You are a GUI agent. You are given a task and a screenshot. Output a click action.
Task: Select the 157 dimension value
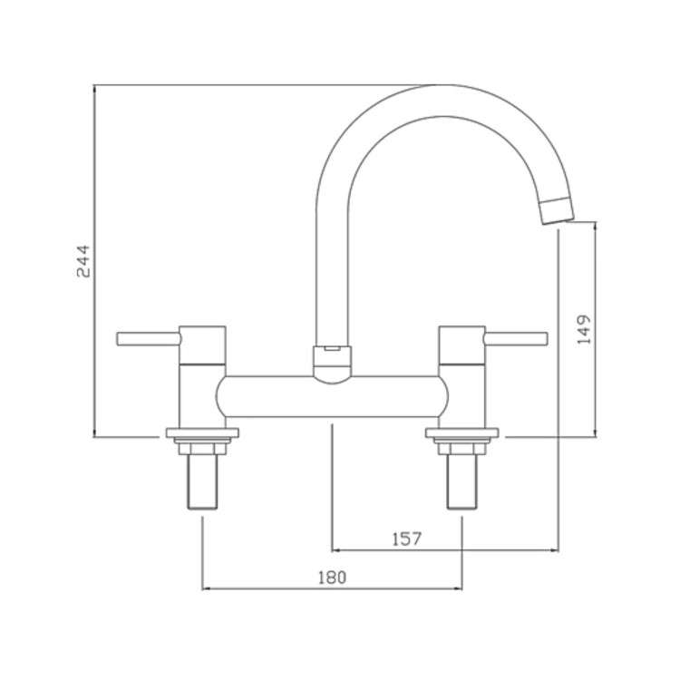[x=407, y=539]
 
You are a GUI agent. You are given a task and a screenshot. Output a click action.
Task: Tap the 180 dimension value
[x=333, y=578]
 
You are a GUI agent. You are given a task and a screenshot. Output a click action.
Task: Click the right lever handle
[x=517, y=339]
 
